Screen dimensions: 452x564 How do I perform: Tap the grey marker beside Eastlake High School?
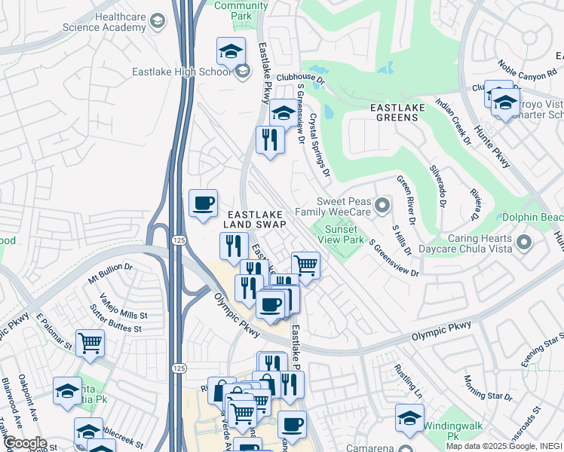tap(242, 72)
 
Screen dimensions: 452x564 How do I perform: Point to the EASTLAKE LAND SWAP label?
tap(254, 219)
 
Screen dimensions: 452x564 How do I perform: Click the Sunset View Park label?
tap(345, 235)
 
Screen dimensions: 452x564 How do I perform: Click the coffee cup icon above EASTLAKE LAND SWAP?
tap(203, 203)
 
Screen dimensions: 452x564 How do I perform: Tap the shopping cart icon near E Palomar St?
tap(90, 344)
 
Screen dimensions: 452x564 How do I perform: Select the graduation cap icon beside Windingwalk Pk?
tap(409, 418)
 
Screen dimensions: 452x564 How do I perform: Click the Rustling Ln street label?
tap(407, 380)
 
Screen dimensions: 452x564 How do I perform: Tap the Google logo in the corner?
tap(24, 442)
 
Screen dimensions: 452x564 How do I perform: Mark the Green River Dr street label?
tap(405, 200)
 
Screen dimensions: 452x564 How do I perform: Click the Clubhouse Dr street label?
tap(299, 78)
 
